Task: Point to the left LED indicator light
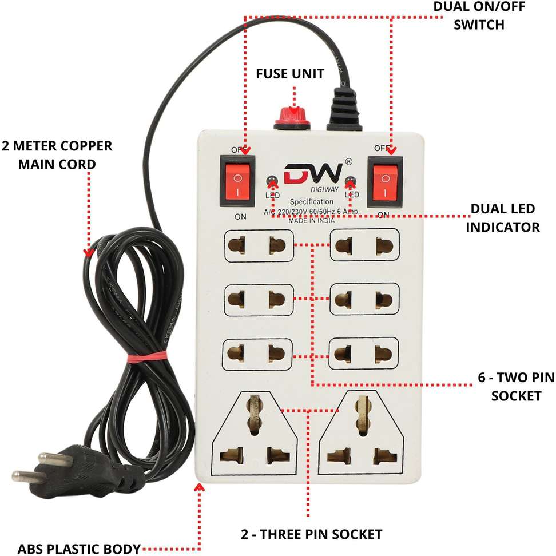[272, 182]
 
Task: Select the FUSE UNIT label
[289, 74]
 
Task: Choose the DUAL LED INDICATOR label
[502, 218]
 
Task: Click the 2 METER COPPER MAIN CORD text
[57, 154]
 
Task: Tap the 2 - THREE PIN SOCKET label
[311, 534]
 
